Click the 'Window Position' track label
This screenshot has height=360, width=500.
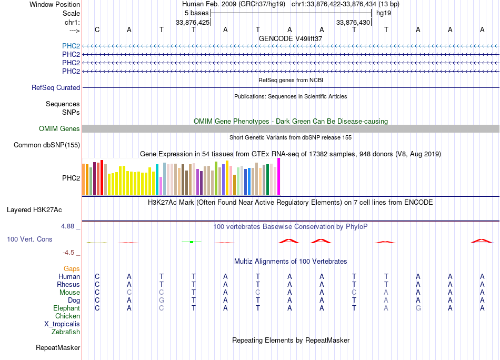[55, 4]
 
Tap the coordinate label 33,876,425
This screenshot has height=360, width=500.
[193, 22]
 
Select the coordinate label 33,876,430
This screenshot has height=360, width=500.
[353, 22]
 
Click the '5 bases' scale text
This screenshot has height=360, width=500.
[196, 13]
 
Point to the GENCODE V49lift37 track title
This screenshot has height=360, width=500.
[291, 38]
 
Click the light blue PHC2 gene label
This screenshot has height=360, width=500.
[71, 46]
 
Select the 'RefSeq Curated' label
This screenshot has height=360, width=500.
[56, 87]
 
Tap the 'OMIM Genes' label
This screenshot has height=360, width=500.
[59, 128]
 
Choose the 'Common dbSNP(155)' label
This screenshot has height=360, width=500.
[47, 145]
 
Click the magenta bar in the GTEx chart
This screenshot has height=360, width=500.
[279, 177]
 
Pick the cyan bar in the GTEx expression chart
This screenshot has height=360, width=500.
[157, 179]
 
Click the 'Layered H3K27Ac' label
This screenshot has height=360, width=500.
[34, 210]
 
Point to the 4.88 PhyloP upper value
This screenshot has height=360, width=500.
[67, 226]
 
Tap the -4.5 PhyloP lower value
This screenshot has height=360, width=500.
[68, 253]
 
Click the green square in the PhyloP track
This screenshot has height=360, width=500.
[192, 242]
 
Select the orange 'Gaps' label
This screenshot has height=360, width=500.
[72, 269]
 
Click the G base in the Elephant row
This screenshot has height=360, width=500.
[418, 308]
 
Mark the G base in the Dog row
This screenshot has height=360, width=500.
[162, 300]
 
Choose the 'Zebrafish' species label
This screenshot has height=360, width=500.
[66, 332]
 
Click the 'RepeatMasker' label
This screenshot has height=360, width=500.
[58, 347]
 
